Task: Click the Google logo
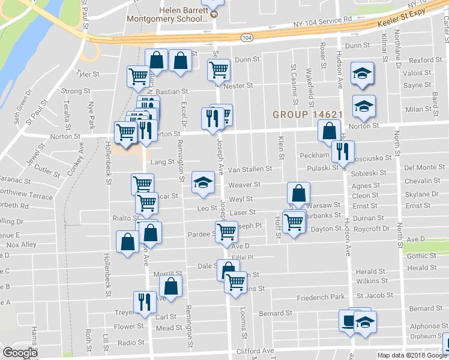pos(20,352)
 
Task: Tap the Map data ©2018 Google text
pos(412,355)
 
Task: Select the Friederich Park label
pos(321,297)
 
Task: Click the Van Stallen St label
pos(250,170)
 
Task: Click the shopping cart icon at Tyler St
pos(139,76)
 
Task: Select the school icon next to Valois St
pos(362,73)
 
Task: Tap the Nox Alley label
pos(21,245)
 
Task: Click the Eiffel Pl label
pos(244,257)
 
